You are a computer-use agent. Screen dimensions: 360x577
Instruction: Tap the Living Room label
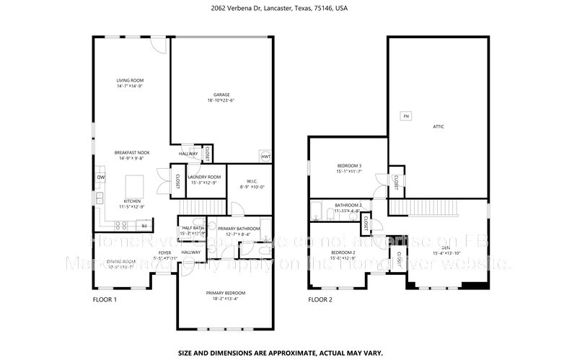coord(131,80)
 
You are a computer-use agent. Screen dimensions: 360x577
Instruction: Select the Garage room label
coord(221,95)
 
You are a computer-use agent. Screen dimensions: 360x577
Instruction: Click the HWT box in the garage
coord(265,157)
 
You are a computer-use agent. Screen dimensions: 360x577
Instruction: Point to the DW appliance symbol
coord(101,177)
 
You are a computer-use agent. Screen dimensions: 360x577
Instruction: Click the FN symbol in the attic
coord(405,115)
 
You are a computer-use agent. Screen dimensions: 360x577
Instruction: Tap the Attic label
coord(439,126)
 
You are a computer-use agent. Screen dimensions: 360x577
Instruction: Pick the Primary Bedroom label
coord(226,293)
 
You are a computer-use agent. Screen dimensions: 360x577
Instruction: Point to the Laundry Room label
coord(204,177)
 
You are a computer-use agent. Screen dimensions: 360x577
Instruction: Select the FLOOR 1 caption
coord(105,299)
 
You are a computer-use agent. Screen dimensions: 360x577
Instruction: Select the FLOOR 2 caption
coord(320,299)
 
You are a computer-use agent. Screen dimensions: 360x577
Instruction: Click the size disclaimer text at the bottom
coord(288,354)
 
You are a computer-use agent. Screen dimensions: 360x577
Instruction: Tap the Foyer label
coord(165,252)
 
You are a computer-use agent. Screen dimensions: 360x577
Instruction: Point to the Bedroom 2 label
coord(343,252)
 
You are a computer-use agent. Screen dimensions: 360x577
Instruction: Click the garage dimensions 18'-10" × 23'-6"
coord(221,100)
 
